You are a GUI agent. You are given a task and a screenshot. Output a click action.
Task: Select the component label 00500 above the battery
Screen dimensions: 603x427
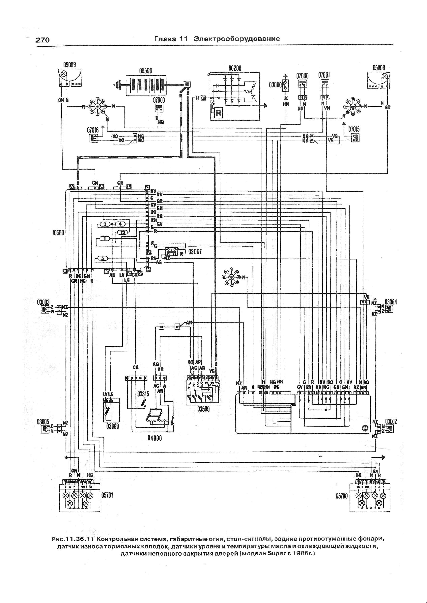tap(145, 71)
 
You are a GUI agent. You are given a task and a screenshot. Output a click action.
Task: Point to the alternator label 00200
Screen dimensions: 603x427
tap(235, 68)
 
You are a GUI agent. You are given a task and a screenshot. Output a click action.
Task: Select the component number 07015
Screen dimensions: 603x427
tap(354, 129)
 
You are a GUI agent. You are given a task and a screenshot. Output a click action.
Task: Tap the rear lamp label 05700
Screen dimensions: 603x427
tap(342, 496)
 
